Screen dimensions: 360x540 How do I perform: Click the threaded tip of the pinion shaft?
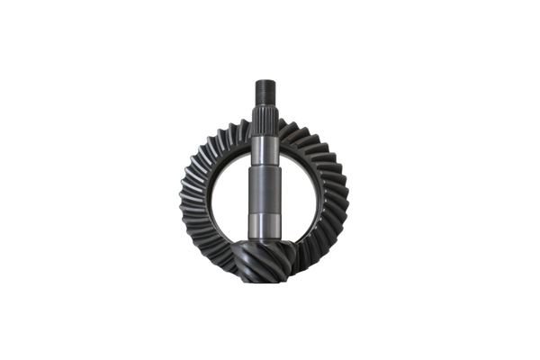coord(266,90)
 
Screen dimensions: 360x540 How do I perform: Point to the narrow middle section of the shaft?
coord(266,175)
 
